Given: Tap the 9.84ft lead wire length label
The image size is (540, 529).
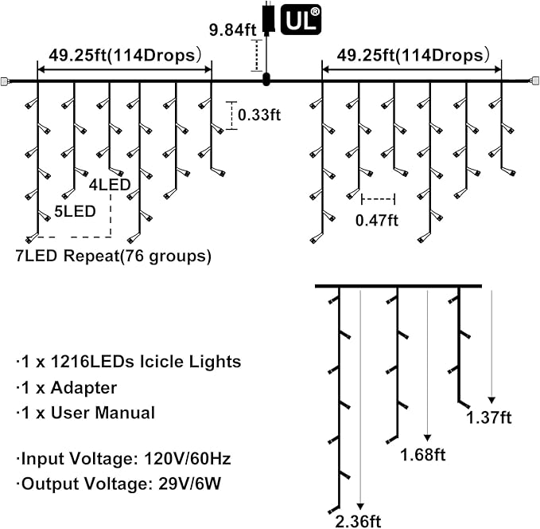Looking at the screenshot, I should pyautogui.click(x=234, y=31).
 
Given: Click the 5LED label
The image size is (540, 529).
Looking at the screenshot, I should pyautogui.click(x=76, y=211).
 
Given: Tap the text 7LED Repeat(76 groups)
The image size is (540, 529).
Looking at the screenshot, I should pyautogui.click(x=113, y=256).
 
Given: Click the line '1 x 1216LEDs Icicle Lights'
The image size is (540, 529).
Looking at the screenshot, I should pyautogui.click(x=127, y=362).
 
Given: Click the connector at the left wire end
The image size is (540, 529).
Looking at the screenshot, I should pyautogui.click(x=6, y=80).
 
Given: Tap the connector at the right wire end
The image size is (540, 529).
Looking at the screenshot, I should pyautogui.click(x=534, y=80).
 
